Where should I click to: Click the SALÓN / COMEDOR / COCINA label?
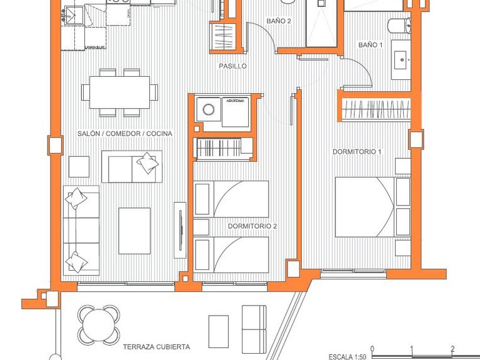click(125, 134)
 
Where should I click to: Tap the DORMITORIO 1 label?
click(357, 152)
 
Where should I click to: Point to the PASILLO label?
click(232, 66)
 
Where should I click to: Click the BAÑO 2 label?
click(279, 21)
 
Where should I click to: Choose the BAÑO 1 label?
click(370, 45)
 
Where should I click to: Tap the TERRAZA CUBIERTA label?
click(156, 346)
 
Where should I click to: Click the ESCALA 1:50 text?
click(348, 357)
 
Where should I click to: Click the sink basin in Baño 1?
click(401, 61)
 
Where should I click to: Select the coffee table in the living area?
click(134, 231)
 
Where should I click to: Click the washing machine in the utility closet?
click(207, 112)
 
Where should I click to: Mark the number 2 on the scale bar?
click(452, 349)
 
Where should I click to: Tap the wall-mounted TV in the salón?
click(180, 229)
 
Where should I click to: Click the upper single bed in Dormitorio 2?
click(231, 199)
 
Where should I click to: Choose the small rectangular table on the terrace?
click(218, 327)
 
